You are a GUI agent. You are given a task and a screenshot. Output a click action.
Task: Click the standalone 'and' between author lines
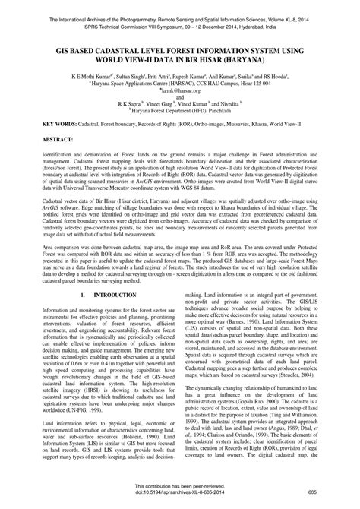[x=180, y=99]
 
